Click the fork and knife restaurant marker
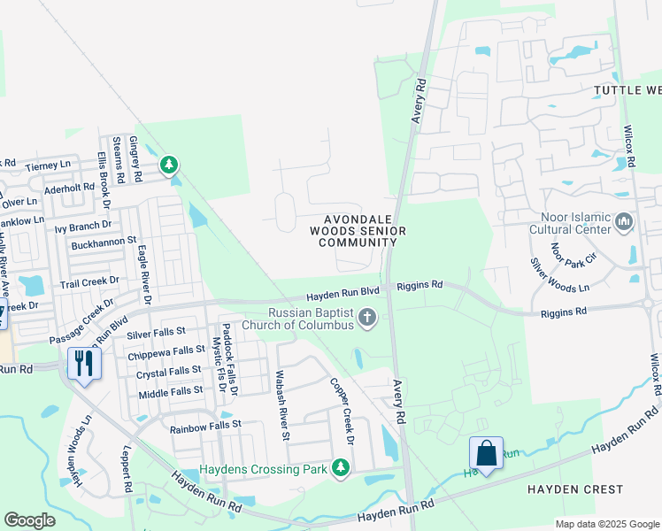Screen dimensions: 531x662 [84, 363]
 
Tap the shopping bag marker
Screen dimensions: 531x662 [486, 453]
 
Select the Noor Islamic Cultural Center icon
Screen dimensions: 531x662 [625, 220]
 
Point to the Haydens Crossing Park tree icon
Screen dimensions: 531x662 [340, 467]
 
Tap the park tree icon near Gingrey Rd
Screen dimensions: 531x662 [169, 165]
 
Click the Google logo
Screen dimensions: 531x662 [29, 520]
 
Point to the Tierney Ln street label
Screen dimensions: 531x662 [48, 165]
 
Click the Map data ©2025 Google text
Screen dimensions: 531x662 [606, 524]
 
